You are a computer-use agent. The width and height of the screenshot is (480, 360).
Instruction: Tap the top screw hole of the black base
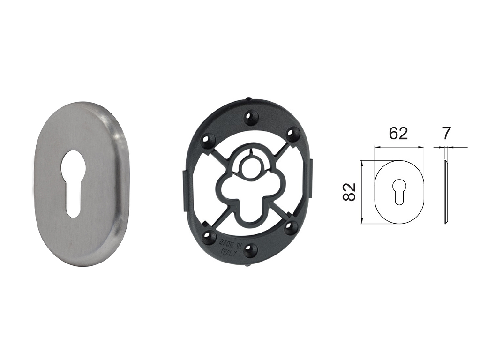250,117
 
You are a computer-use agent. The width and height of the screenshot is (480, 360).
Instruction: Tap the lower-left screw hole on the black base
209,236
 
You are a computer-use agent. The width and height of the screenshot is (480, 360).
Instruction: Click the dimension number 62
398,134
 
